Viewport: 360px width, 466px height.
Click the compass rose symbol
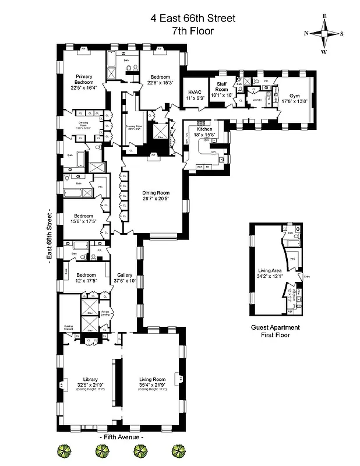click(x=325, y=34)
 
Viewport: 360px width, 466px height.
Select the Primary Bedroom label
click(x=82, y=79)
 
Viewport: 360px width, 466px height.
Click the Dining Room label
click(x=156, y=192)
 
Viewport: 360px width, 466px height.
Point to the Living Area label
click(x=269, y=270)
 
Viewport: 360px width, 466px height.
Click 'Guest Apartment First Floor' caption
click(x=270, y=331)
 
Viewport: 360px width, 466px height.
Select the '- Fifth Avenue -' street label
click(x=122, y=436)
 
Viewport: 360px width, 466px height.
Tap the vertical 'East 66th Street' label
click(x=50, y=234)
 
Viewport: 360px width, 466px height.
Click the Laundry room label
click(x=256, y=100)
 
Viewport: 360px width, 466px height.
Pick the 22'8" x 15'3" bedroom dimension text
click(x=160, y=83)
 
